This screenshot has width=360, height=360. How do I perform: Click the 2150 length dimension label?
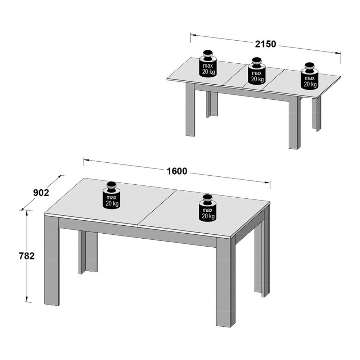[266, 44]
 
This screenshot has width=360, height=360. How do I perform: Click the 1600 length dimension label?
[177, 171]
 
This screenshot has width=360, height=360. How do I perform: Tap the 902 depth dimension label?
[41, 193]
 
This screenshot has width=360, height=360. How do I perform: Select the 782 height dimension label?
[27, 256]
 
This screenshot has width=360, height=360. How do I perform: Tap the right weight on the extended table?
[310, 76]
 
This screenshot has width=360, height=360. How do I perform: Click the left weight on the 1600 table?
[112, 195]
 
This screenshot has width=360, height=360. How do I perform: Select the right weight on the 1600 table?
[208, 208]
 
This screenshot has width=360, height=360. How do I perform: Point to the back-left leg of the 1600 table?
[88, 252]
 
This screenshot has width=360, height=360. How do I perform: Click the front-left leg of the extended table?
[190, 110]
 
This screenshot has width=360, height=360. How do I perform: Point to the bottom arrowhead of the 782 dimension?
[27, 298]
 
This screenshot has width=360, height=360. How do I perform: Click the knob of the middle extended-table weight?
[256, 62]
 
